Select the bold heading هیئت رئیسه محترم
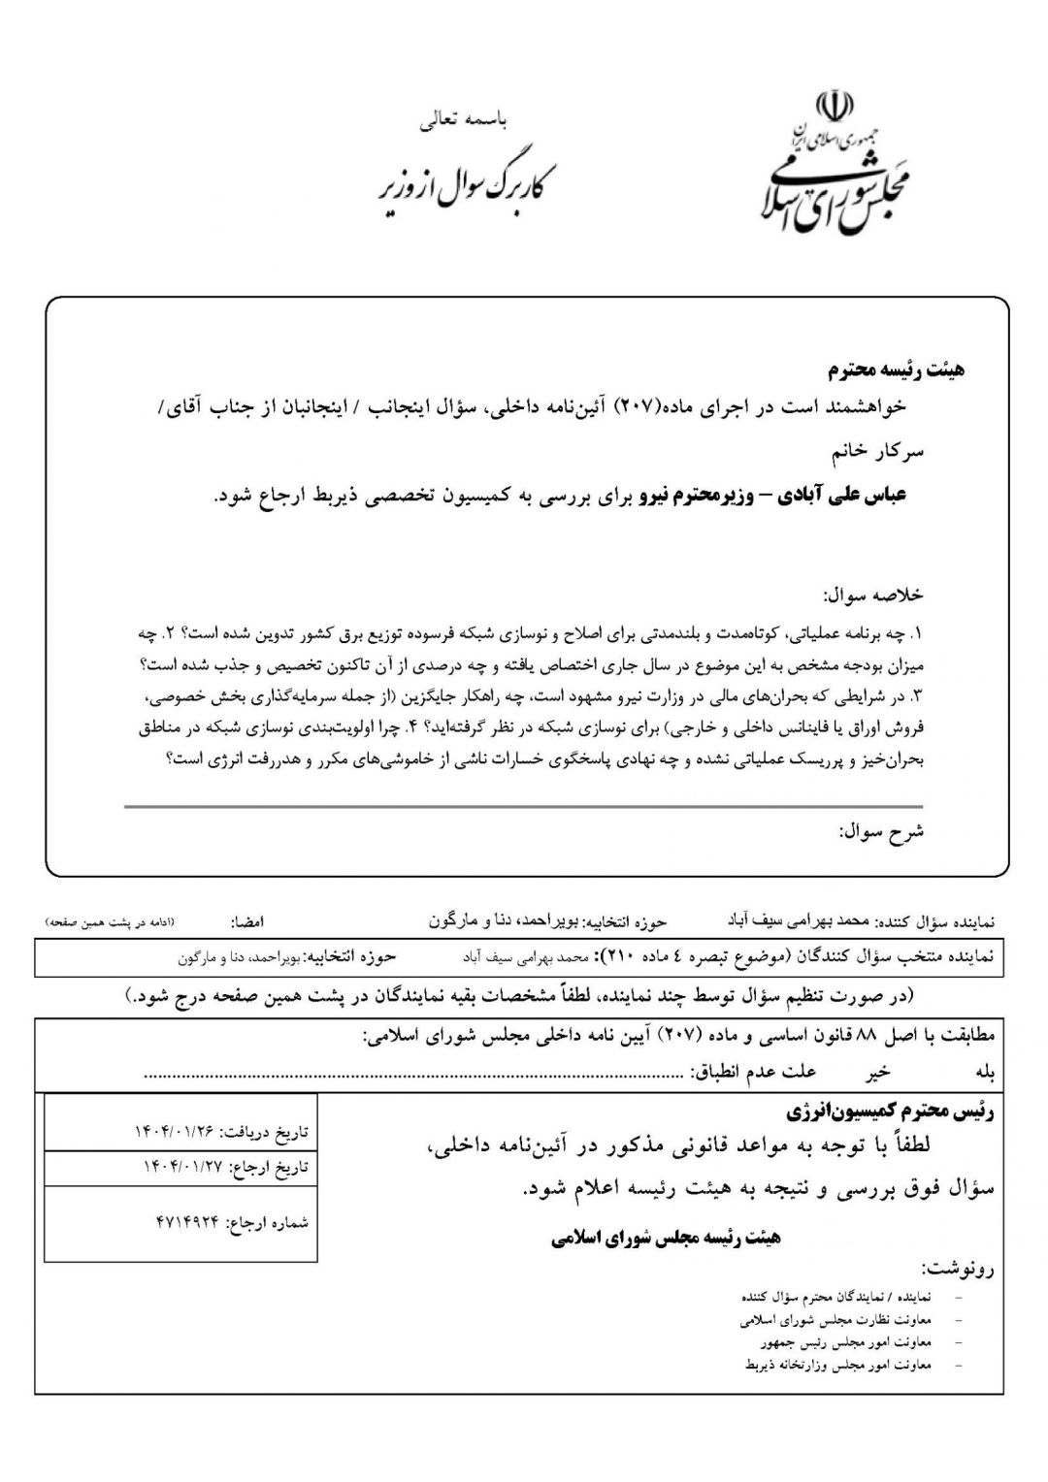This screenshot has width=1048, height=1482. pyautogui.click(x=896, y=370)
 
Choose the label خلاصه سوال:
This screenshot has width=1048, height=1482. pyautogui.click(x=872, y=595)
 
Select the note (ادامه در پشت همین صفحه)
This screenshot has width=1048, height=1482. pyautogui.click(x=109, y=920)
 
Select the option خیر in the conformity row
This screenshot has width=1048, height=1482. pyautogui.click(x=879, y=1073)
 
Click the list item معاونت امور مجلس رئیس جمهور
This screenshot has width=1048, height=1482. pyautogui.click(x=846, y=1342)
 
